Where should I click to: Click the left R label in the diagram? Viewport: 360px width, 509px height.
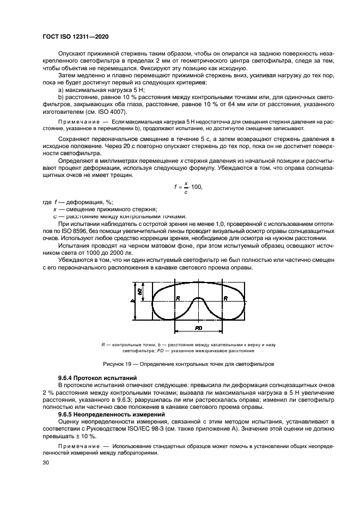178,298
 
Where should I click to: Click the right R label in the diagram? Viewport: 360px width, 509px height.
224,298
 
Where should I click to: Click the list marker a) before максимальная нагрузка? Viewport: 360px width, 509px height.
61,89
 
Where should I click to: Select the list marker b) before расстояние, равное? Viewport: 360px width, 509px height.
61,97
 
